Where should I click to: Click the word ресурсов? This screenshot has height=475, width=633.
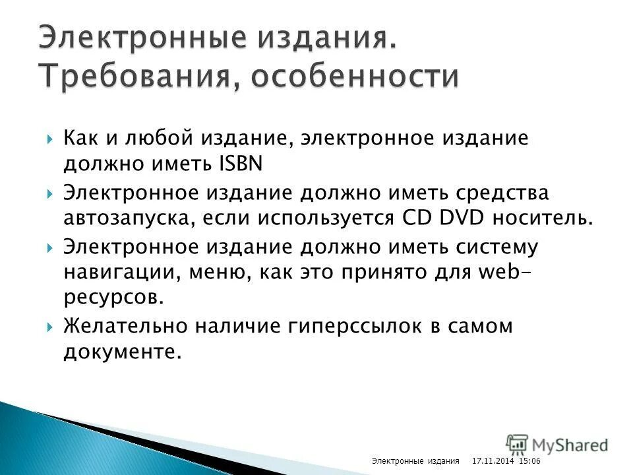(x=113, y=299)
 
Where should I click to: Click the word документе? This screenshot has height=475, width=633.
(x=122, y=353)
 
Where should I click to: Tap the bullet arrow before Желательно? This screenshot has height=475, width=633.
(x=51, y=327)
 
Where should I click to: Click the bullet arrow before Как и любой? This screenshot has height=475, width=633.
(x=51, y=139)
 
